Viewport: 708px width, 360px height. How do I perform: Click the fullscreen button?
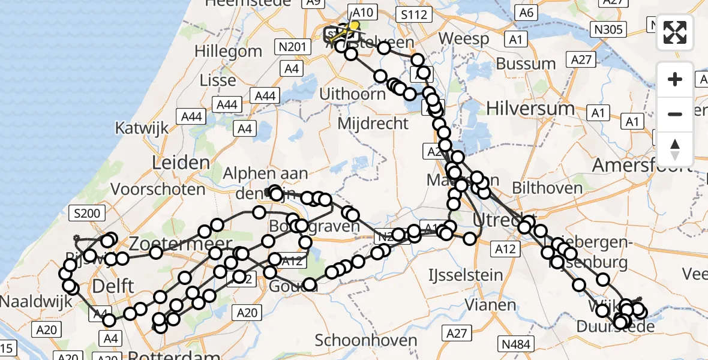tap(675, 32)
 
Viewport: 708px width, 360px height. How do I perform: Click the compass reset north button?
tap(675, 149)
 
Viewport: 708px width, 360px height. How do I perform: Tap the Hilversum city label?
tap(530, 109)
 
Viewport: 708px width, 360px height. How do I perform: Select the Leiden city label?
tap(181, 163)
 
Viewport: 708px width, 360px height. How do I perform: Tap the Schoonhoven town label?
tap(374, 341)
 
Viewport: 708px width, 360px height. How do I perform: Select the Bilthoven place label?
tap(547, 188)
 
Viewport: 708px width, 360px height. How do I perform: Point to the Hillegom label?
tap(229, 51)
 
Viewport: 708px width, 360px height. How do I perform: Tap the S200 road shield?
tap(87, 213)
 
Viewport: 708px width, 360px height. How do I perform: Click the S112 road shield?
tap(415, 14)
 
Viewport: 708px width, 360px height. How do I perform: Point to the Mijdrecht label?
tap(373, 124)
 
